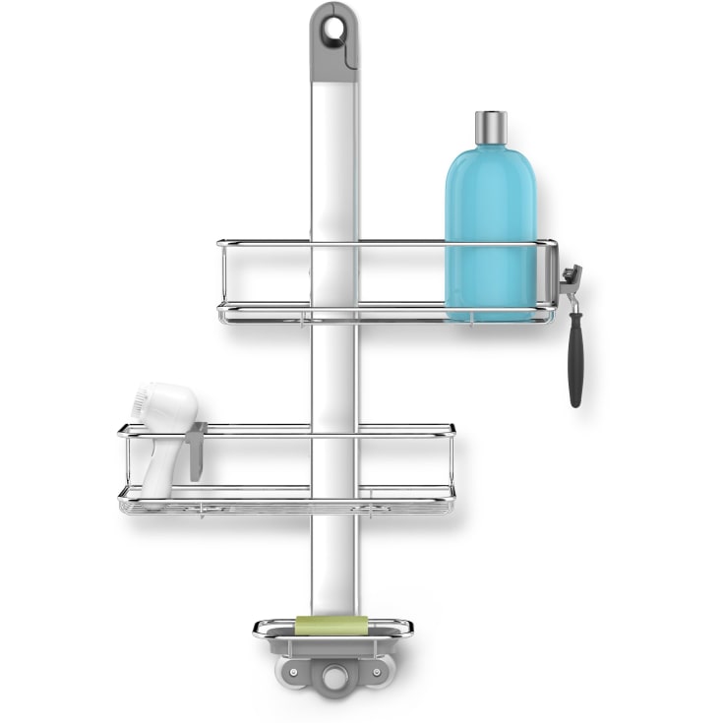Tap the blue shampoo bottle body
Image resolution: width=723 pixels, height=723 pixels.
[490, 226]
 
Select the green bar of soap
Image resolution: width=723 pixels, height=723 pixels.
[332, 625]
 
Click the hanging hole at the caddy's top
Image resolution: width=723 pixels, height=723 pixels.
[333, 29]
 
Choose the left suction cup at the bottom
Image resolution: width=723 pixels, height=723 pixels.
[296, 680]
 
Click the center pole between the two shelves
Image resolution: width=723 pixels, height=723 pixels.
[333, 374]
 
